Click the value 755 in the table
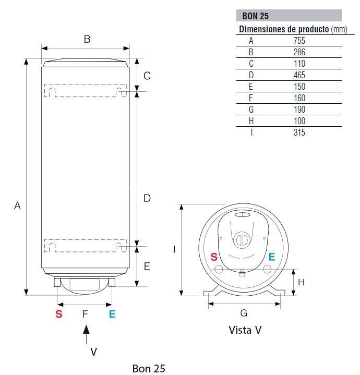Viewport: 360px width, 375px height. pyautogui.click(x=299, y=40)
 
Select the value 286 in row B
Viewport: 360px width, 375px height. pyautogui.click(x=299, y=52)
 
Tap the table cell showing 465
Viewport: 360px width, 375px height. pyautogui.click(x=299, y=75)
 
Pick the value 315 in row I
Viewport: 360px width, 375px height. pyautogui.click(x=299, y=132)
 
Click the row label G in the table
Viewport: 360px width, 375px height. pyautogui.click(x=251, y=110)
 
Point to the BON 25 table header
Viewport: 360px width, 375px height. pyautogui.click(x=256, y=16)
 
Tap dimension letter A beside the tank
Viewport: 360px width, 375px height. pyautogui.click(x=17, y=205)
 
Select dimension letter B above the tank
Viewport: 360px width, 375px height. pyautogui.click(x=87, y=39)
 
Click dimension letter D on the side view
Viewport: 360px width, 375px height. pyautogui.click(x=147, y=198)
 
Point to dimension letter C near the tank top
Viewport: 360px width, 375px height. pyautogui.click(x=147, y=76)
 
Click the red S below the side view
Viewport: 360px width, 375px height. pyautogui.click(x=59, y=314)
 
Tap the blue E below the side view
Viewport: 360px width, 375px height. pyautogui.click(x=112, y=314)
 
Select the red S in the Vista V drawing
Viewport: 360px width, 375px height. pyautogui.click(x=214, y=257)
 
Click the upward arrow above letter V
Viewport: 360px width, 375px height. pyautogui.click(x=87, y=334)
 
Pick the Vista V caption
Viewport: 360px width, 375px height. pyautogui.click(x=245, y=330)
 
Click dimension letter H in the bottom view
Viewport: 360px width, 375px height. pyautogui.click(x=302, y=282)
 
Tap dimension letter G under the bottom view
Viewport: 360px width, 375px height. pyautogui.click(x=244, y=313)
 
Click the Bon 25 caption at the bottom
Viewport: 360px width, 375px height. pyautogui.click(x=149, y=369)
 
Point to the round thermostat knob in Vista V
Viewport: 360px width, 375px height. pyautogui.click(x=242, y=240)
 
